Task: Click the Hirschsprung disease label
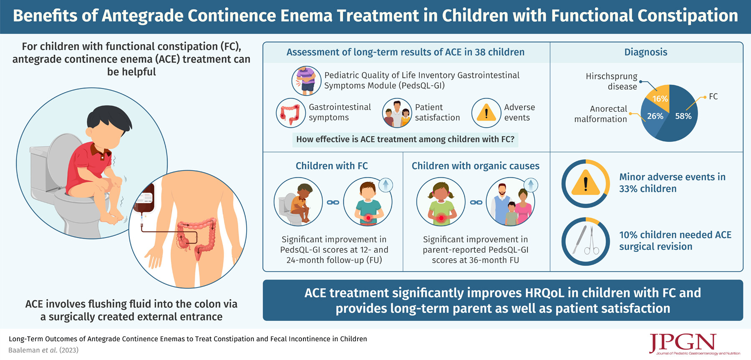[x=611, y=81]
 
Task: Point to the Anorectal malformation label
[x=600, y=114]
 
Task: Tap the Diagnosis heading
[x=646, y=52]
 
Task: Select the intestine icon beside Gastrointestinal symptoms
[x=290, y=113]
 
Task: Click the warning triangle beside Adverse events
[x=486, y=113]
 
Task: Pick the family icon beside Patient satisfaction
[x=397, y=113]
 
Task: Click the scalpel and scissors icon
[x=585, y=241]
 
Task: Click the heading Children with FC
[x=332, y=166]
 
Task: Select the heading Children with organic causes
[x=475, y=166]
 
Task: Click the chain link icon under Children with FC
[x=333, y=202]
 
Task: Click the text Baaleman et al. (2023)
[x=43, y=350]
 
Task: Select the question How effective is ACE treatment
[x=405, y=139]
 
